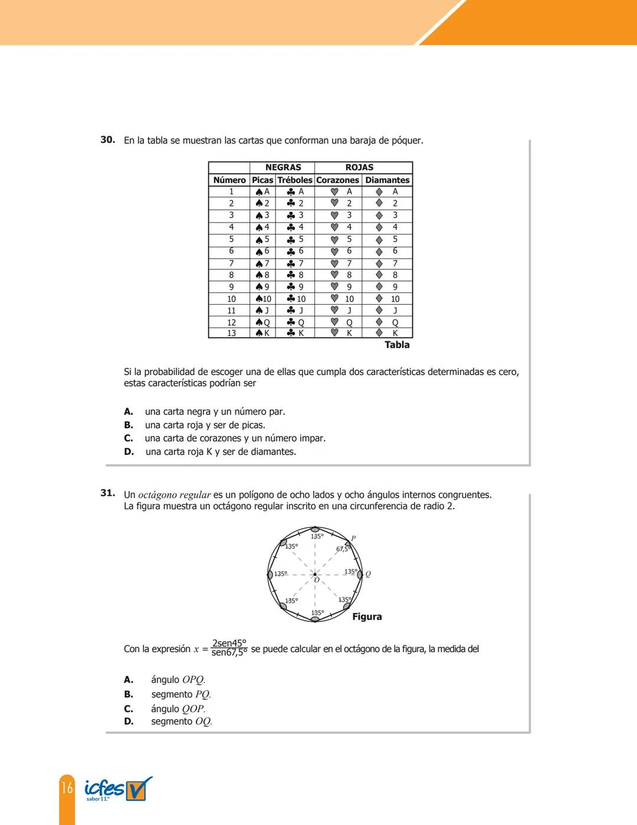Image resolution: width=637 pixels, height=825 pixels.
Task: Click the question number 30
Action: coord(107,140)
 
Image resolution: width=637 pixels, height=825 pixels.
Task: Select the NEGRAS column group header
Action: coord(283,167)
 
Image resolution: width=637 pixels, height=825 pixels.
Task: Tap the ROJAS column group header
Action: coord(359,167)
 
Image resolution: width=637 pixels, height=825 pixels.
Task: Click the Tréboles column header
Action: coord(294,180)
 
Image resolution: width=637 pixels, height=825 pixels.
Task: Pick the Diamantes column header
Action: coord(387,180)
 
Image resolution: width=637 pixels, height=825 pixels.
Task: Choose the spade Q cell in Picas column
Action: coord(262,322)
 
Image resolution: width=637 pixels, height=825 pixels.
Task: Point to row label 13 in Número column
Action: coord(231,333)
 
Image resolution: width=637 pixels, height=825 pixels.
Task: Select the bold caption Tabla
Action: coord(397,345)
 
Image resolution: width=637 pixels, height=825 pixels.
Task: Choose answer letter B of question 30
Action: coord(129,425)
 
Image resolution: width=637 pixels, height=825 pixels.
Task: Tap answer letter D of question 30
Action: coord(129,452)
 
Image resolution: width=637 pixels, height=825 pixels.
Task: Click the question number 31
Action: coord(107,493)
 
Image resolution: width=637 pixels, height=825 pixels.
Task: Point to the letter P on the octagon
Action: coord(353,538)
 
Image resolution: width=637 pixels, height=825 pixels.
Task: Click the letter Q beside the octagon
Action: coord(368,574)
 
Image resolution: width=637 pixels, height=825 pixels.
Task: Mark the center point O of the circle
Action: coord(315,574)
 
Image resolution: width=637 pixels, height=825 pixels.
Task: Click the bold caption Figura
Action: coord(367,617)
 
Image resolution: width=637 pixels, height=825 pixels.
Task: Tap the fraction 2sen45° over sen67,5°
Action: coord(229,648)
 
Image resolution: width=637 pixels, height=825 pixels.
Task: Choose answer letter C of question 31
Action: coord(129,709)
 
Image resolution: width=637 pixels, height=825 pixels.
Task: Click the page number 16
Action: coord(67,787)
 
